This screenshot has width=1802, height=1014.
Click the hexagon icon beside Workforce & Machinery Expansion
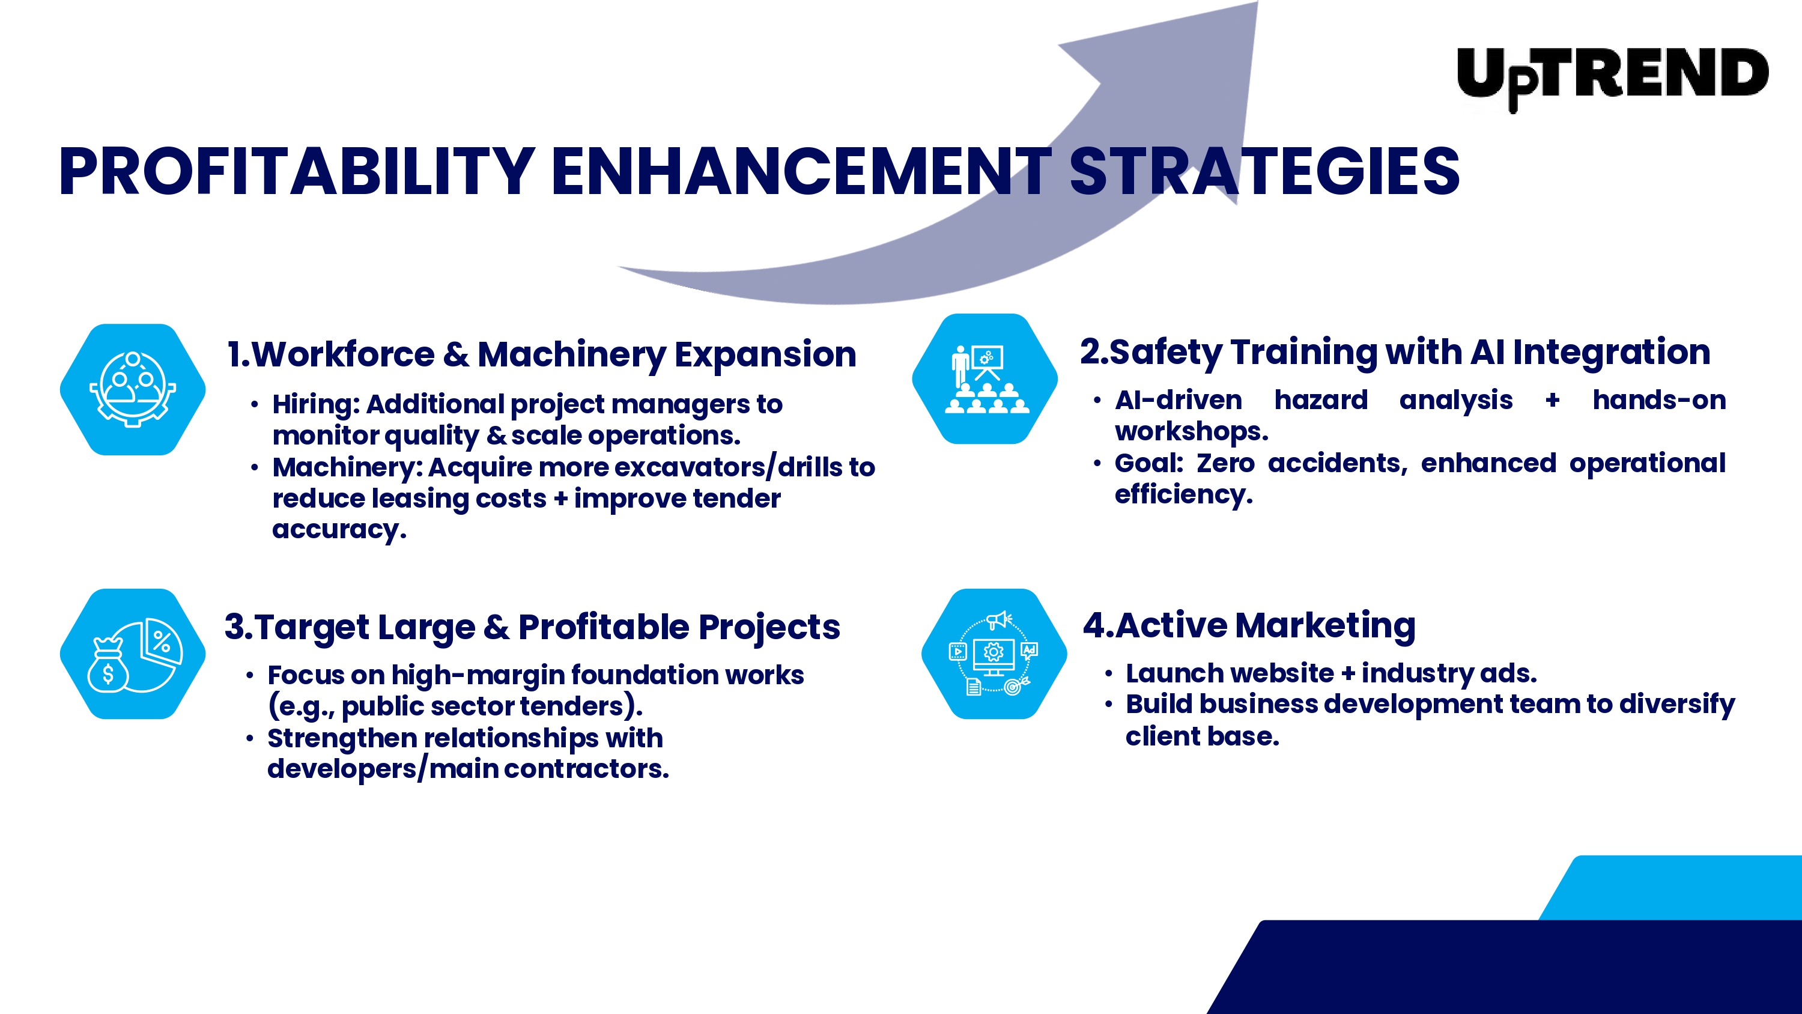[x=133, y=389]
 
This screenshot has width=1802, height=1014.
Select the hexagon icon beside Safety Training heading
[x=985, y=378]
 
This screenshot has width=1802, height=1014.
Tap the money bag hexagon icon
[x=133, y=654]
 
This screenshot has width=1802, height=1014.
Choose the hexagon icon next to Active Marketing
[x=994, y=654]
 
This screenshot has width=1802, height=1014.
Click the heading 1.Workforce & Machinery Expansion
[x=541, y=354]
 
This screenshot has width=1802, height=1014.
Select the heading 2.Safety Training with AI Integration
[x=1395, y=351]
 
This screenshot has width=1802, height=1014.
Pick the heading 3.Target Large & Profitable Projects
[x=532, y=627]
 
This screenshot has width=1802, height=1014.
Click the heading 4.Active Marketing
[x=1249, y=625]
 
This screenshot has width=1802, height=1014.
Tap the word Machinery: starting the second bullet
[x=348, y=467]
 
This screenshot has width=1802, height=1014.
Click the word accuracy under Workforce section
[x=339, y=530]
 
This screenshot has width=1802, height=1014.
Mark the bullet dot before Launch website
[x=1109, y=675]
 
